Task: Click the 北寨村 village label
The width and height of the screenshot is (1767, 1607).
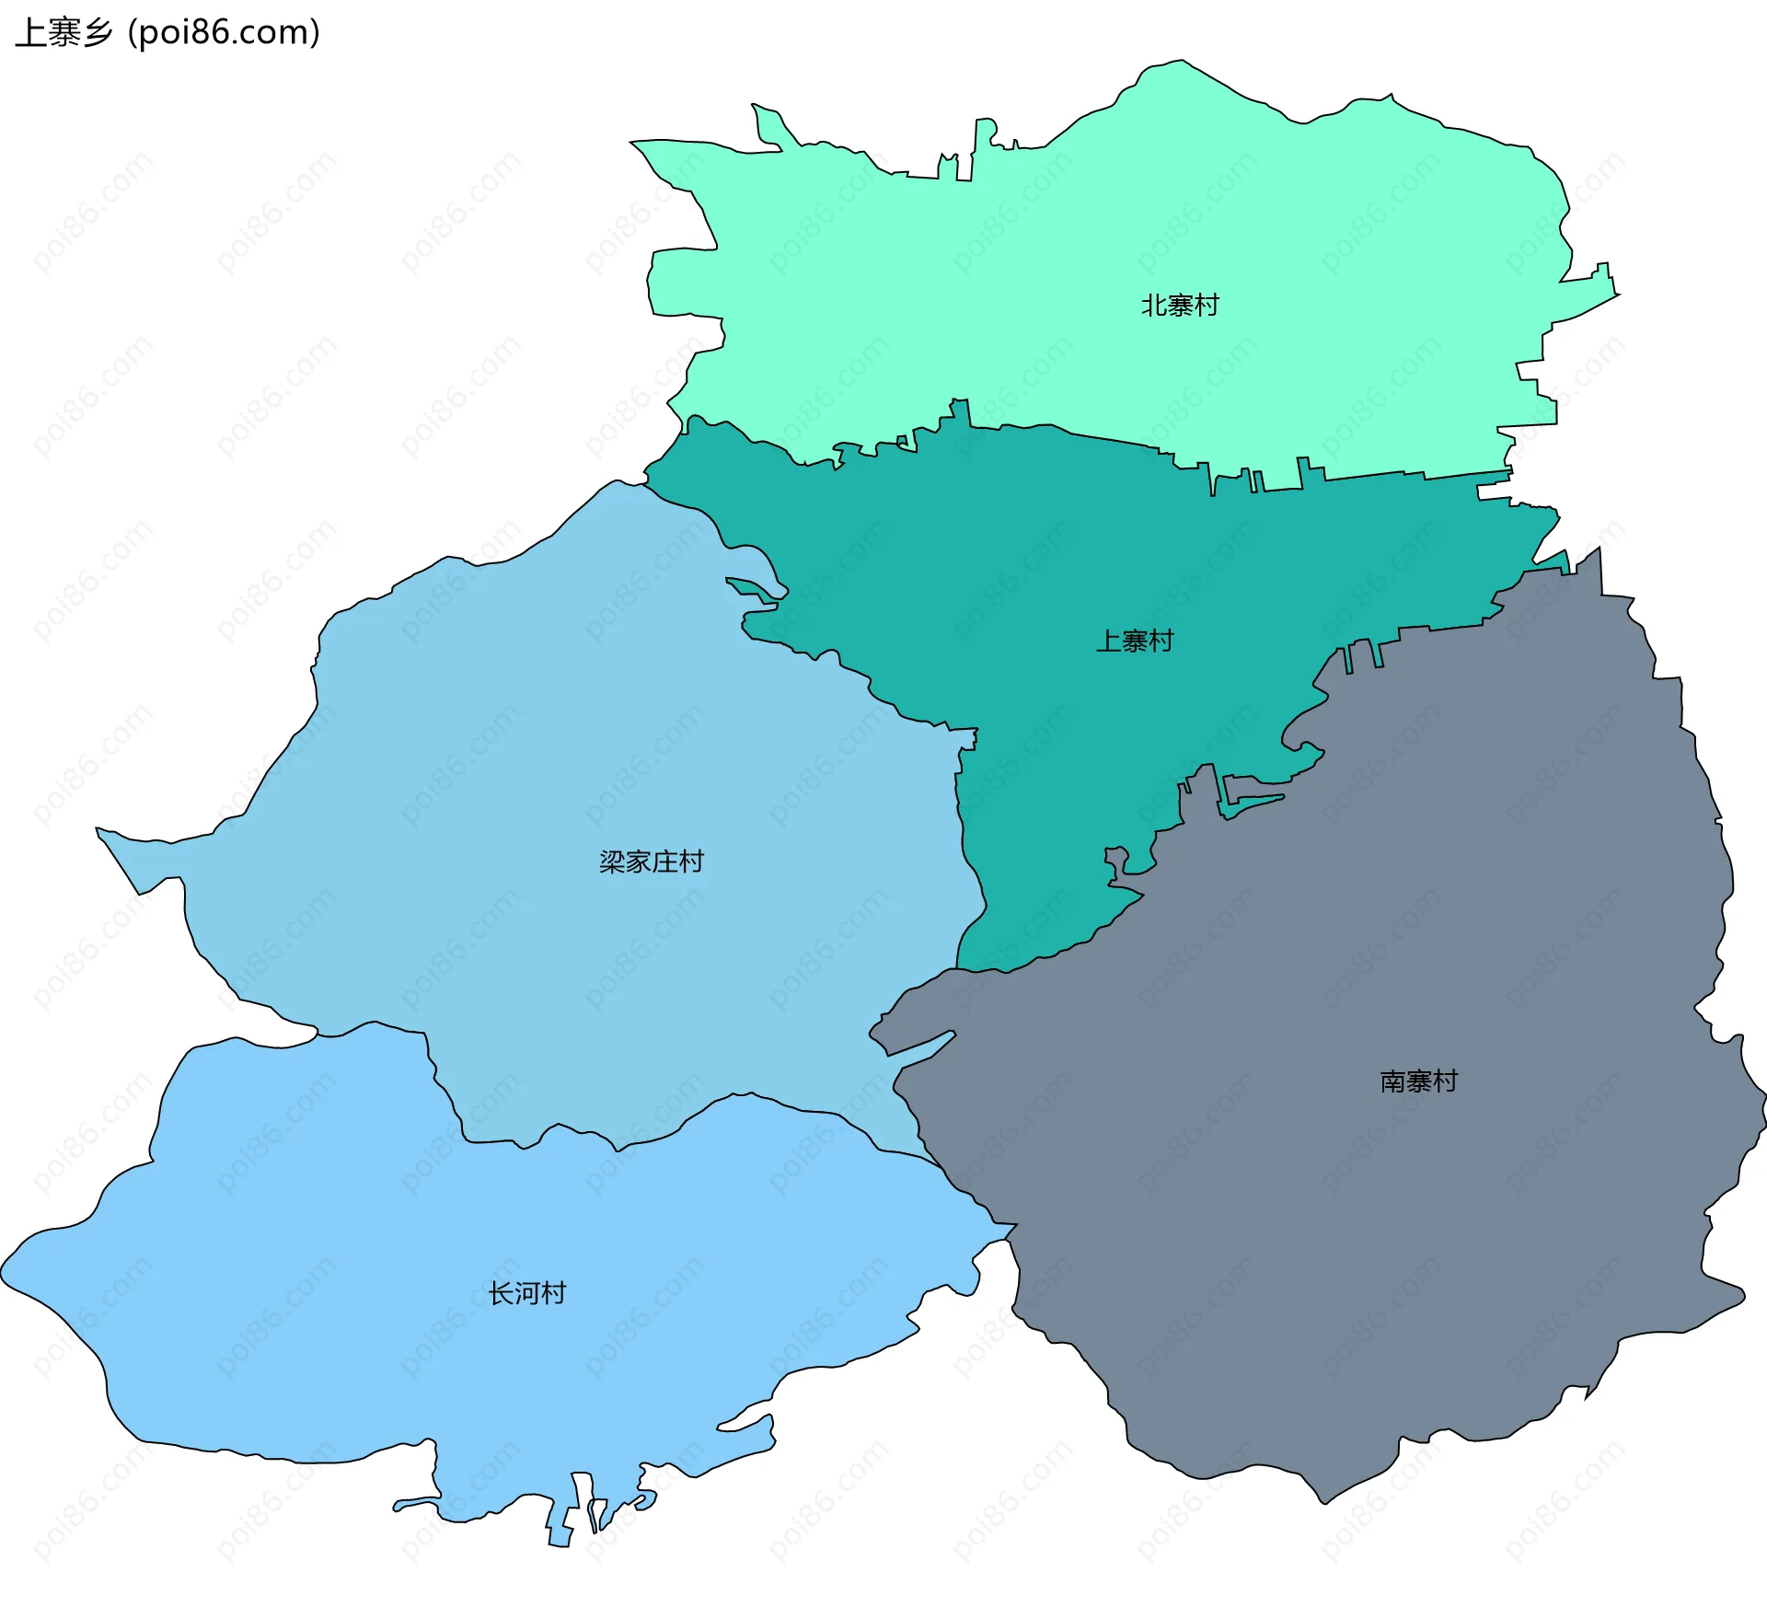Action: pos(1180,305)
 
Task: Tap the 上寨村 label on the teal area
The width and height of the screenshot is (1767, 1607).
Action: pos(1135,641)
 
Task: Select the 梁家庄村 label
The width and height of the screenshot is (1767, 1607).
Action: pos(652,861)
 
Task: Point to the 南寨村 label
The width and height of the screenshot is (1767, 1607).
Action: pos(1419,1081)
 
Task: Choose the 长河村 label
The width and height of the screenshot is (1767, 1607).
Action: pos(527,1293)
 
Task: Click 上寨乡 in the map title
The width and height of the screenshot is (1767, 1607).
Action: pos(64,32)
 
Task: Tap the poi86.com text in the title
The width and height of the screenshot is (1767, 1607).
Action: pos(224,32)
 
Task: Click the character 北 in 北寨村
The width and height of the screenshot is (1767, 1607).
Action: pos(1154,305)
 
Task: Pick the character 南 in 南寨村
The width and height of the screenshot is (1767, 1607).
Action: pos(1393,1081)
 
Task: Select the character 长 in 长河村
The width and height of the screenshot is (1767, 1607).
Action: pos(502,1293)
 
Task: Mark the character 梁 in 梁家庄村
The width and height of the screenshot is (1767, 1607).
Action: pos(613,861)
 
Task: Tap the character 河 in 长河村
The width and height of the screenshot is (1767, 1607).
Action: pos(527,1293)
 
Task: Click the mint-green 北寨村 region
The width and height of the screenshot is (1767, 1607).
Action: pos(1012,276)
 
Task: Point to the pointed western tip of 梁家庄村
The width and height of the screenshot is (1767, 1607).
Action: pos(98,830)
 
